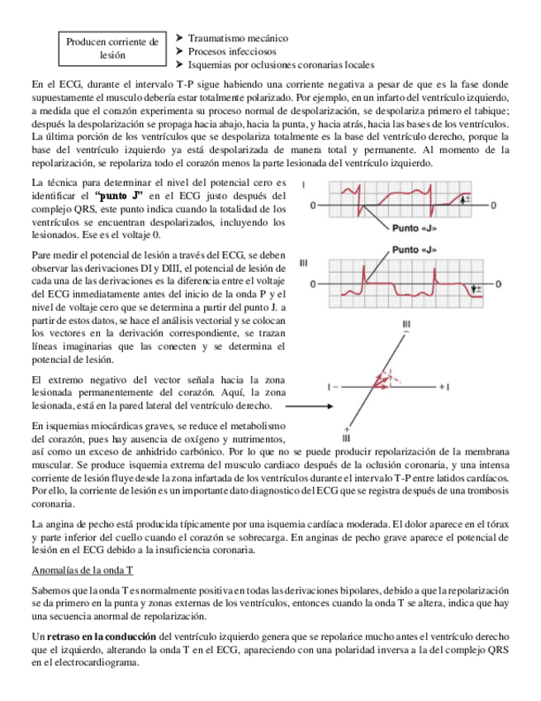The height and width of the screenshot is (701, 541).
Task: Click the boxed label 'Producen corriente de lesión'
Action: [x=112, y=48]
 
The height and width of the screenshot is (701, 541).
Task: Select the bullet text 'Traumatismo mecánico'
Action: [x=238, y=38]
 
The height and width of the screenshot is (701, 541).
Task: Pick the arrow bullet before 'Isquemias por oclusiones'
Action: [x=180, y=64]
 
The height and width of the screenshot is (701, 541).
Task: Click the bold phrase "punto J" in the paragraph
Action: [x=120, y=195]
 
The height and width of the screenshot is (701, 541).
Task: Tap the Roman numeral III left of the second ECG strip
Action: [x=303, y=263]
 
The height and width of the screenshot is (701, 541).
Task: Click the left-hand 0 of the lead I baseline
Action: [x=311, y=203]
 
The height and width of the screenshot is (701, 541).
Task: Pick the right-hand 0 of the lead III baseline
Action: [x=494, y=284]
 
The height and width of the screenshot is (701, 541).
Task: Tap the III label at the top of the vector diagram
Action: [x=406, y=323]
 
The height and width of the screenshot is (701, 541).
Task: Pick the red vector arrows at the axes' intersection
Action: [x=382, y=379]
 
